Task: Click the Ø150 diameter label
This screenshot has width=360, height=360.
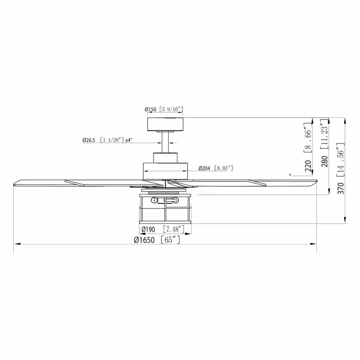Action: [x=150, y=109]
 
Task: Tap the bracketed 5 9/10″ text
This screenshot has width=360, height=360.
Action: [x=171, y=109]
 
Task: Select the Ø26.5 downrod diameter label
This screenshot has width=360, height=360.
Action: [x=89, y=140]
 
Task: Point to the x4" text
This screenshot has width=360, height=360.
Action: [x=129, y=140]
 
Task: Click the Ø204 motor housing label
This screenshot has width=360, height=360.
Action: [x=204, y=168]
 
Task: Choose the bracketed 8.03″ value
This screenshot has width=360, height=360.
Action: [x=224, y=168]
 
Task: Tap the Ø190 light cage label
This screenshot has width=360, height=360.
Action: [x=148, y=229]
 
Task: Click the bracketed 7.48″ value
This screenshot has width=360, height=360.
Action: [x=174, y=229]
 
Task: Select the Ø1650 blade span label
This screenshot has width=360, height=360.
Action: [x=144, y=240]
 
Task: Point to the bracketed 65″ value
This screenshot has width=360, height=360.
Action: [x=170, y=240]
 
